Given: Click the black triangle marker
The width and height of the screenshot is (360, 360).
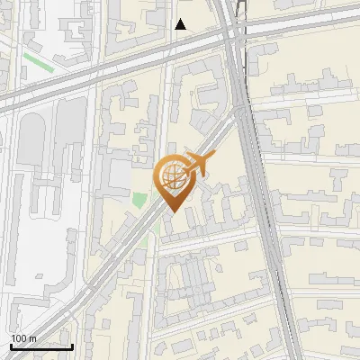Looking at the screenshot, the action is coord(181,24).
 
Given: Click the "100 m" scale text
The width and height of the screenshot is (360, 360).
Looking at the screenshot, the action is coord(23,337).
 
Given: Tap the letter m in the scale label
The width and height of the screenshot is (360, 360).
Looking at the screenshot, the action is coord(32,337).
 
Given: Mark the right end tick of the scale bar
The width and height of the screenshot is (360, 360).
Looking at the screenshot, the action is coord(72,346).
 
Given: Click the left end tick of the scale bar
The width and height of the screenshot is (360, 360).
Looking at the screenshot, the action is coord(11,346).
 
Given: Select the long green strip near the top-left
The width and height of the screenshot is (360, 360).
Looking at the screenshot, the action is coord(39,62).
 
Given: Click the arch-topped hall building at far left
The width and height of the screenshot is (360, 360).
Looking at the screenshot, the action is coord(31,144).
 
